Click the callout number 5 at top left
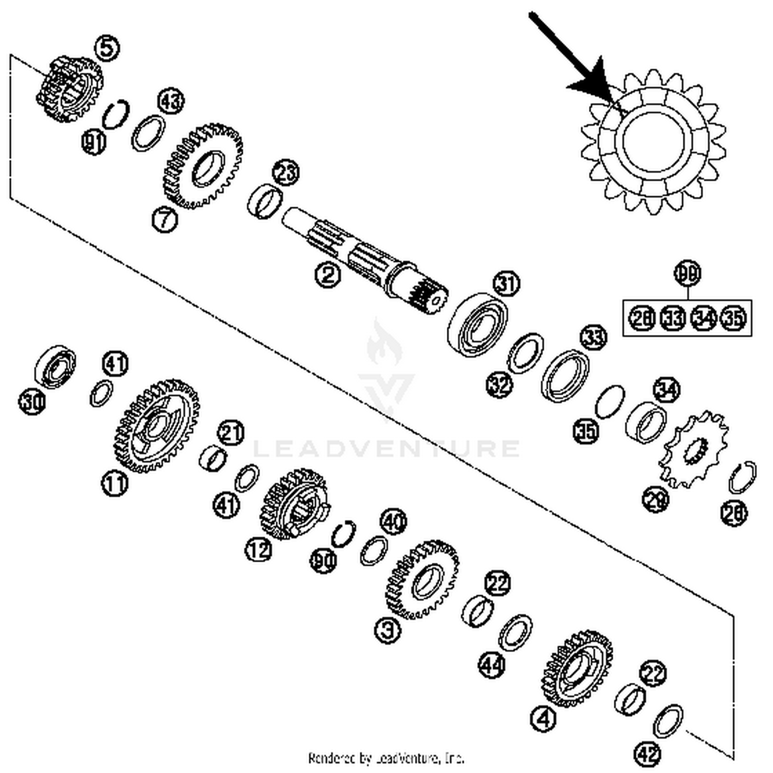pos(107,48)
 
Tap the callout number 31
pos(507,283)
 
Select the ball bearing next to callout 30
pos(55,366)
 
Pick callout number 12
pos(258,550)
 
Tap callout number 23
pos(286,172)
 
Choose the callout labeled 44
pos(492,664)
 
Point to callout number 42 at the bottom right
pos(648,754)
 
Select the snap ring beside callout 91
pos(116,114)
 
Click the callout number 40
pos(393,523)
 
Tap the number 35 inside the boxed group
pos(733,318)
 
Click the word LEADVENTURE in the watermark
pos(386,448)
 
